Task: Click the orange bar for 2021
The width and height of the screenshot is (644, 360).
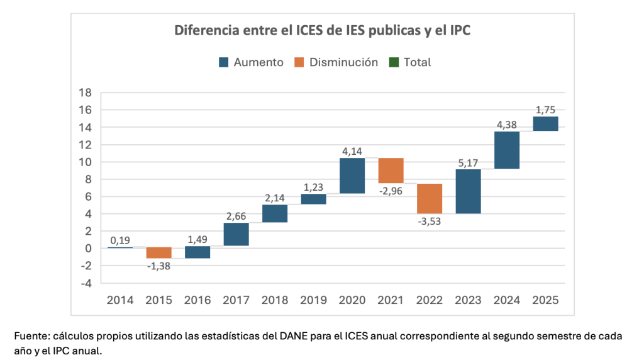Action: point(391,171)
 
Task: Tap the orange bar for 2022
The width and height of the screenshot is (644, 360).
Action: point(429,199)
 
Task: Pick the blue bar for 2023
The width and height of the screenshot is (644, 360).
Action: point(468,191)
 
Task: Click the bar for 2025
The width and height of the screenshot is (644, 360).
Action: point(545,124)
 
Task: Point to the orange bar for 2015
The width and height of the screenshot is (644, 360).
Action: point(158,253)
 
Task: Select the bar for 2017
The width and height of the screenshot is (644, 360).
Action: point(236,234)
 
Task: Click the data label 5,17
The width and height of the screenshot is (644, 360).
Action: point(468,162)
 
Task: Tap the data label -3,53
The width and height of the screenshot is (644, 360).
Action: point(429,221)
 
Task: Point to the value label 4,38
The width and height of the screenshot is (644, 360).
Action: point(507,125)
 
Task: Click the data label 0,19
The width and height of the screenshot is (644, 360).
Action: point(120,240)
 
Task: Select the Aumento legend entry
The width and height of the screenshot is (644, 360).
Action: point(251,62)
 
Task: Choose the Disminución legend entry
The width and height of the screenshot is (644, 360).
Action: point(336,62)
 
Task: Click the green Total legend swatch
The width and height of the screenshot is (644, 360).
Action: point(394,62)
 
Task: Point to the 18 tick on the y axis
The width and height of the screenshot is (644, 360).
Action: point(84,93)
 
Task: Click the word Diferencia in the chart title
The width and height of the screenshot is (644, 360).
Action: point(204,30)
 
